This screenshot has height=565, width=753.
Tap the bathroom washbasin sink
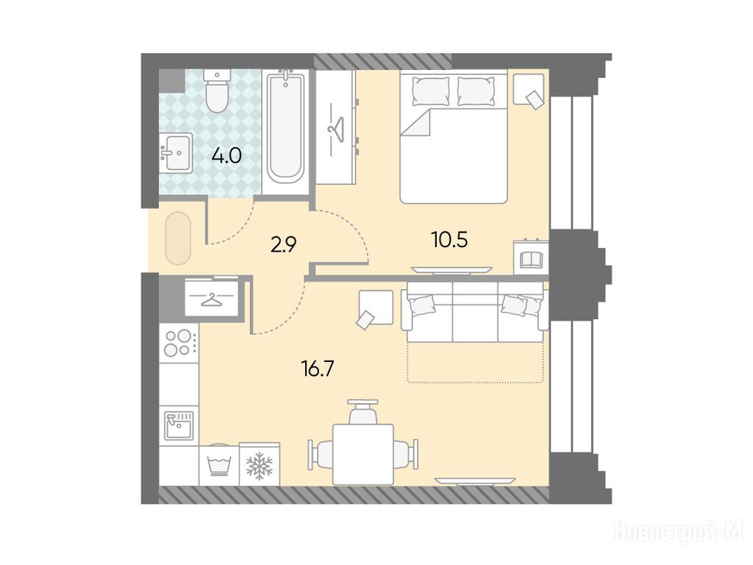pos(176,153)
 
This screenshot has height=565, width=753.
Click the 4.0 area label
pos(226,156)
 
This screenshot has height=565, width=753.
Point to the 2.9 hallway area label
pos(283,246)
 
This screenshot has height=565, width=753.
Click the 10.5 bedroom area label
pos(449,240)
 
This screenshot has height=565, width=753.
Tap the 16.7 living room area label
pos(317,369)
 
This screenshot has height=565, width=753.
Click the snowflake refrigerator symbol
pos(260,465)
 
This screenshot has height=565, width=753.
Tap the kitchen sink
pos(179,426)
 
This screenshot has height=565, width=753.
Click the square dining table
pos(363,455)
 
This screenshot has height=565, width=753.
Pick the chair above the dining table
pos(363,411)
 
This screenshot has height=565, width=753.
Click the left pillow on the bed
pos(431,90)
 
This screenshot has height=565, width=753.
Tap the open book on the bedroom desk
pos(531,260)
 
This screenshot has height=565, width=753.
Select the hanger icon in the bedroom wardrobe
pos(335,129)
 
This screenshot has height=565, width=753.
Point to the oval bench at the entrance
pos(178,238)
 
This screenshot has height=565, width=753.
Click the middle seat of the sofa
pos(475,312)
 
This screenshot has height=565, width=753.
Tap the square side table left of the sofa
pos(376,308)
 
